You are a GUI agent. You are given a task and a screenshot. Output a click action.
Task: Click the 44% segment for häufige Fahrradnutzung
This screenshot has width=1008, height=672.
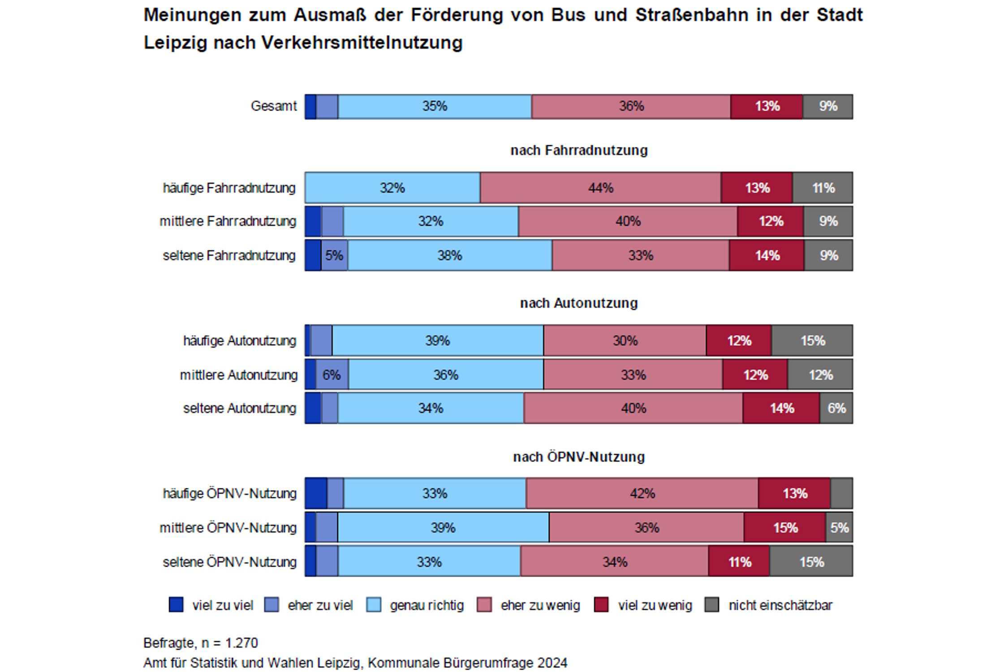(600, 188)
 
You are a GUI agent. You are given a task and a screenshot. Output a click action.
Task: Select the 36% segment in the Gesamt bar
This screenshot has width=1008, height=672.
(631, 106)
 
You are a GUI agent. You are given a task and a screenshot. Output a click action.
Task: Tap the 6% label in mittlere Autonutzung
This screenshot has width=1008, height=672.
(332, 375)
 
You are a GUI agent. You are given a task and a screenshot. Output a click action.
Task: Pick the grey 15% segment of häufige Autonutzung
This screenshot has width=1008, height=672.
(812, 340)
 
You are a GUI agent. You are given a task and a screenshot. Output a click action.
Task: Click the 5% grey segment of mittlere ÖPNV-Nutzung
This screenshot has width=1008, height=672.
(839, 527)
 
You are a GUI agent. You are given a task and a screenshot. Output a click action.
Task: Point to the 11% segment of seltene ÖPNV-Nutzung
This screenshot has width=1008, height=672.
(739, 561)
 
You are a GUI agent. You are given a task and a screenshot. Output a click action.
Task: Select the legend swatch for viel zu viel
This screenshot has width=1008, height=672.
(176, 605)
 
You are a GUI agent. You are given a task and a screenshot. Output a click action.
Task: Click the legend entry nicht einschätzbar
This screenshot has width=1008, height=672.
(780, 605)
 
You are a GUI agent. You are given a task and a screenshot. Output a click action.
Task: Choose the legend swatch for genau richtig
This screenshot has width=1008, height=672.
(374, 605)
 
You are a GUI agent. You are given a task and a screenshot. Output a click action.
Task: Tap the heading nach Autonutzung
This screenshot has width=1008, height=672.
(579, 303)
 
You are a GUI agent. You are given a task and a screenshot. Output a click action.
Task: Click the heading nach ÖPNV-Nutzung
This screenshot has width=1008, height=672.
(579, 457)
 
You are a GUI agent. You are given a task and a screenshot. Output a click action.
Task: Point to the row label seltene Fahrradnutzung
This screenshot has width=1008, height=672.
(229, 255)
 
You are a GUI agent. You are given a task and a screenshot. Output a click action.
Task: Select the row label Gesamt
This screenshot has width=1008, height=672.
(273, 106)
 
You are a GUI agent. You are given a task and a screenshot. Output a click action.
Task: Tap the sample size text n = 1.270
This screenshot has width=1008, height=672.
(229, 643)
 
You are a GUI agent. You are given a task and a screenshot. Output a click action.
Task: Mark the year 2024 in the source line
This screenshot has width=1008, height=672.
(552, 663)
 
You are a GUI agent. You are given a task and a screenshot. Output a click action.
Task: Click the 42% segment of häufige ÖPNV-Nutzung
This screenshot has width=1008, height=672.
(642, 493)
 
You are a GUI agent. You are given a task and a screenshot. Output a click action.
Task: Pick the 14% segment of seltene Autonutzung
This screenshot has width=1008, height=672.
(781, 408)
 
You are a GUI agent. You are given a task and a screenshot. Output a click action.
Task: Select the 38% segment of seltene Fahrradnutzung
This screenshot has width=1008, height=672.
(449, 255)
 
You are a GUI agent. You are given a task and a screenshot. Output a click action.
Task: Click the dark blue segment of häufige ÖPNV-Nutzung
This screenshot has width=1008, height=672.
(316, 493)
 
